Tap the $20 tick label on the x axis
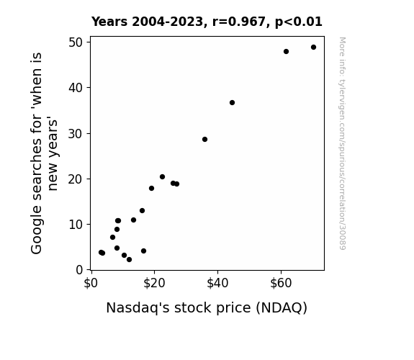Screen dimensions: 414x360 [x=154, y=284]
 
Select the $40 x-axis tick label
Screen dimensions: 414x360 [x=217, y=284]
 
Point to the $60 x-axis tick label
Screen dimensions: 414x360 [x=281, y=284]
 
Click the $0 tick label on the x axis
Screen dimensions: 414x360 [x=91, y=284]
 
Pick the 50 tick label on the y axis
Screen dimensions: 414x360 [x=76, y=42]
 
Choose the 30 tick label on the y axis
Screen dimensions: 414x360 [x=76, y=134]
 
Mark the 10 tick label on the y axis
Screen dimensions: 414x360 [x=76, y=225]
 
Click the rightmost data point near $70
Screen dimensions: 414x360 [x=313, y=48]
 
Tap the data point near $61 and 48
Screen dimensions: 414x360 [x=287, y=52]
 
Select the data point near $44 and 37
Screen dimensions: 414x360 [x=232, y=102]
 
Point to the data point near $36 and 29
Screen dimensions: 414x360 [x=205, y=139]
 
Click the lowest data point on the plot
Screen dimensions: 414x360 [x=129, y=260]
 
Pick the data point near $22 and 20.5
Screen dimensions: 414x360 [x=163, y=176]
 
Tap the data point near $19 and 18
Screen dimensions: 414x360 [x=151, y=189]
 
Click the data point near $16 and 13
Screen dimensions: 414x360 [x=142, y=210]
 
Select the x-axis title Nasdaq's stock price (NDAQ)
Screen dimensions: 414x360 [x=207, y=308]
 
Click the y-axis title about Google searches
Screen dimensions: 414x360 [x=44, y=153]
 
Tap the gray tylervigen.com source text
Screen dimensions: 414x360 [x=342, y=143]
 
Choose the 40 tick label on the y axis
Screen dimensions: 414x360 [x=76, y=88]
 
